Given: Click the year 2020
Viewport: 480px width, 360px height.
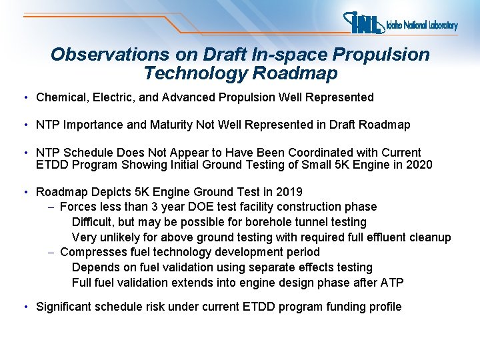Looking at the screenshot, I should point(419,165).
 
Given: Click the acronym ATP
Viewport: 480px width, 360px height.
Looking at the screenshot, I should point(390,282).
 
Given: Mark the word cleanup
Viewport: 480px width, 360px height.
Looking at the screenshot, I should point(431,237).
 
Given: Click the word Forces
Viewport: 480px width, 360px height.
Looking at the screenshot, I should point(78,207).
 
